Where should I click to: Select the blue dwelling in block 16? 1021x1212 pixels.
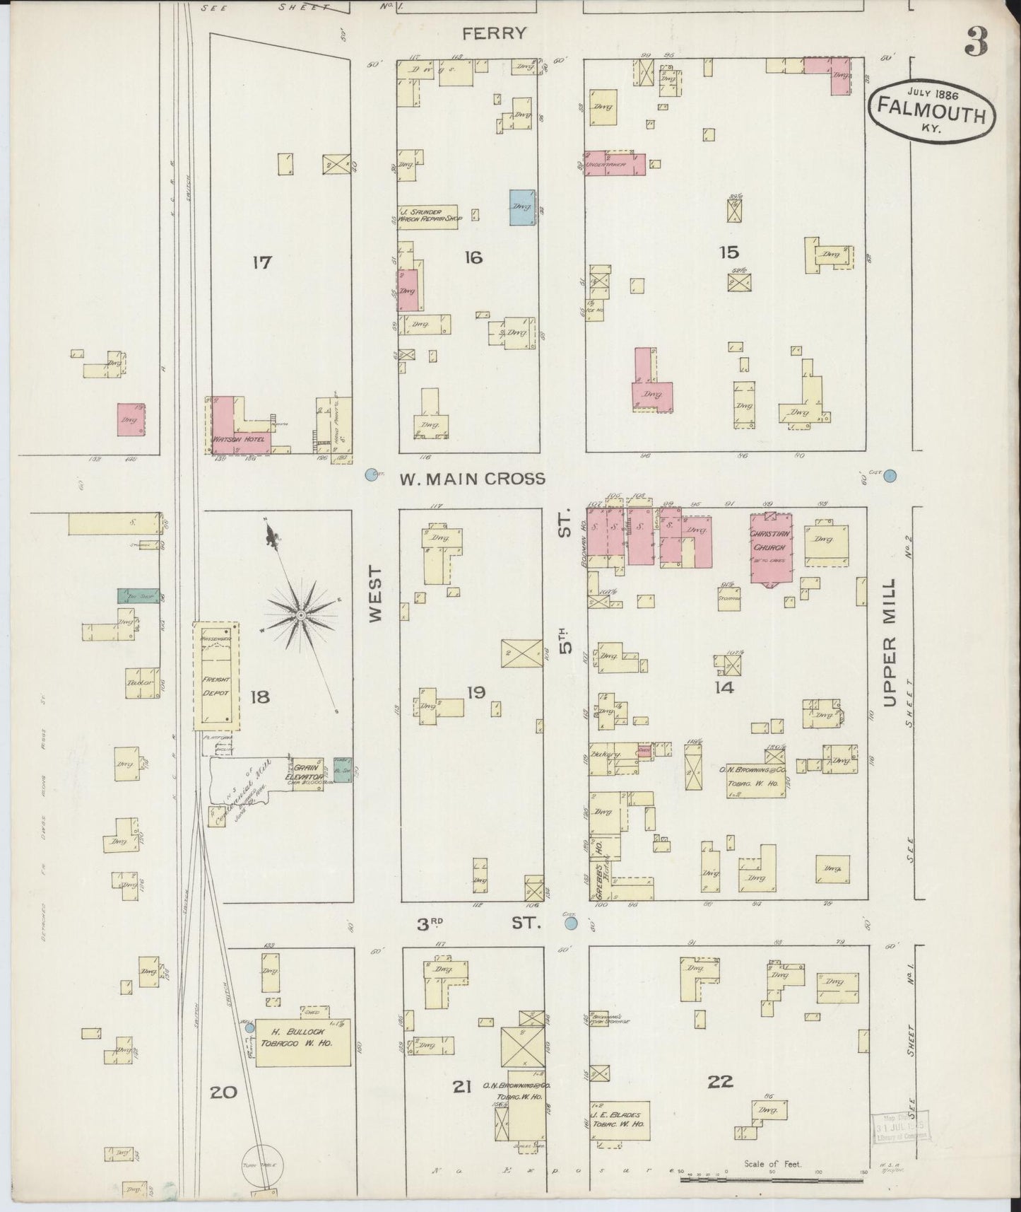522,207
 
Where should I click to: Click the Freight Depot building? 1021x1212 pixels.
218,686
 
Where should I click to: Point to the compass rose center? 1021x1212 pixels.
300,616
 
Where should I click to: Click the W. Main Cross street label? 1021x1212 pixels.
473,479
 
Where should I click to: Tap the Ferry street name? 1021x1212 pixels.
495,33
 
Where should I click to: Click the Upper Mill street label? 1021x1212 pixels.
889,643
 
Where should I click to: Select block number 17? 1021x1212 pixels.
262,263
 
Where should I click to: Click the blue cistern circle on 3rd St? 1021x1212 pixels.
571,923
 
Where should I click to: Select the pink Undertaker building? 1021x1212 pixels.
615,163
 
